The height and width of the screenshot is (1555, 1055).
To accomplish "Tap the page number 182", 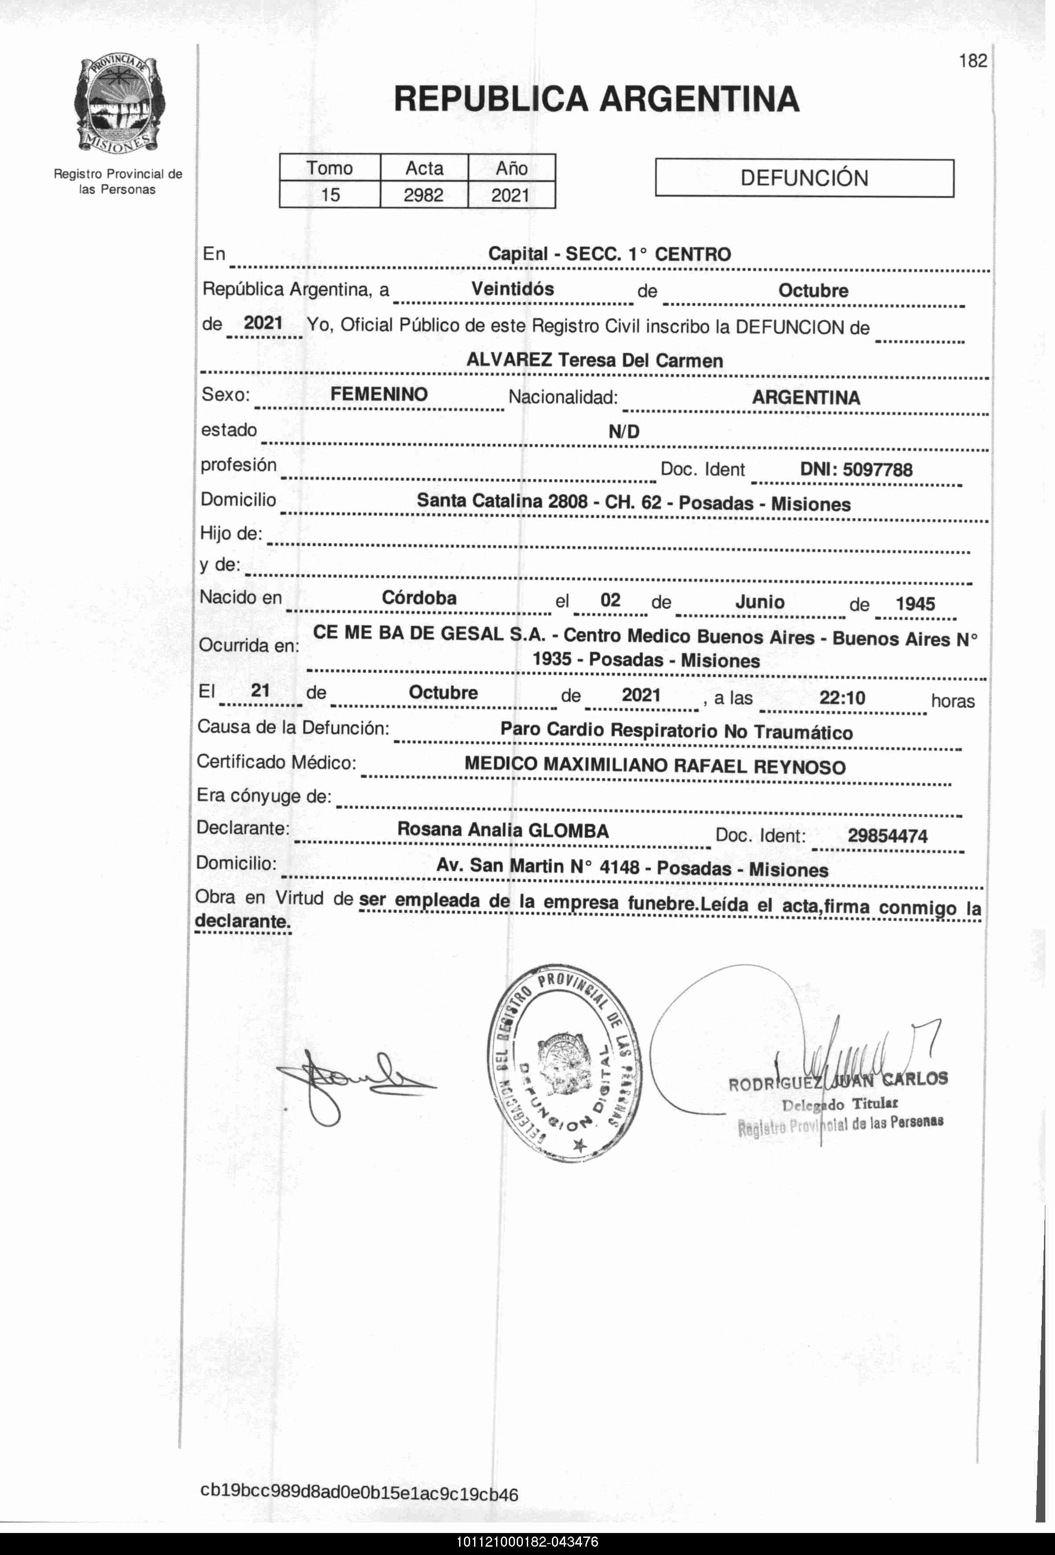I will [973, 61].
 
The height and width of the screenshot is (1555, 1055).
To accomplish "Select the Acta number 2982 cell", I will [423, 195].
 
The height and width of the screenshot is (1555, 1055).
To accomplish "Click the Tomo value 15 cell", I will [330, 195].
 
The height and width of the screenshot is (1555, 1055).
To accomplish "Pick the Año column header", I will [512, 168].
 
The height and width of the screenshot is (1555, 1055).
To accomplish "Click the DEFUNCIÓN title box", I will [804, 178].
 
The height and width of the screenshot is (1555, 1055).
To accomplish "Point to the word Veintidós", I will [512, 289].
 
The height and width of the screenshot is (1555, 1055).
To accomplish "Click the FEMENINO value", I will [379, 394].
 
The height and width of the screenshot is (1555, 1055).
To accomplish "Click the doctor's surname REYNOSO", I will [799, 767].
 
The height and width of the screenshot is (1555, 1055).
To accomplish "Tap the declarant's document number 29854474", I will [887, 836].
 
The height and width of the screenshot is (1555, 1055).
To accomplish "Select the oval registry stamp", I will [563, 1064].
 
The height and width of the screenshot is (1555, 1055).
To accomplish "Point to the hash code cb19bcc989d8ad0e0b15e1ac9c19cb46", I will [359, 1493].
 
